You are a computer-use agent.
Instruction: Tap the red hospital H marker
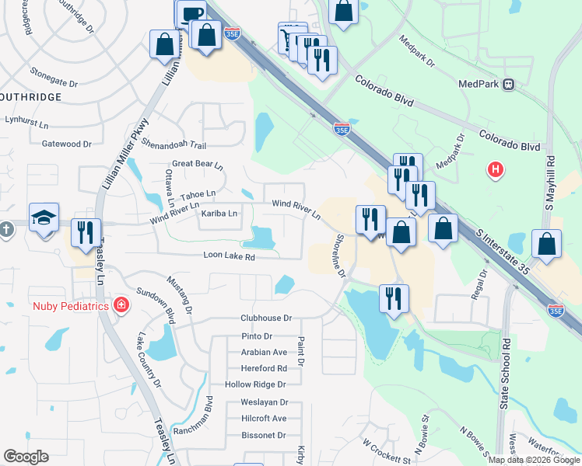(x=494, y=169)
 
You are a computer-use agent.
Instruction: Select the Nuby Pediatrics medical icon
(x=121, y=304)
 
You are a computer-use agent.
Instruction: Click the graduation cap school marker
(x=44, y=219)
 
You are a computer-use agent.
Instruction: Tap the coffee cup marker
(x=191, y=13)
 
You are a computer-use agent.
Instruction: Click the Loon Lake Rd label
(x=229, y=256)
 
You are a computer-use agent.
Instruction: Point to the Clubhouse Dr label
(x=265, y=318)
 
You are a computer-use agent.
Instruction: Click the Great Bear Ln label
(x=198, y=165)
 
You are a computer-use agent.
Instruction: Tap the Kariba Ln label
(x=219, y=212)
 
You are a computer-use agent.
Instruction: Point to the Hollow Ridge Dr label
(x=255, y=384)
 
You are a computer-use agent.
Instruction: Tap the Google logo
(x=26, y=457)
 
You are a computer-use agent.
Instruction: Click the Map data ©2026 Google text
(x=533, y=460)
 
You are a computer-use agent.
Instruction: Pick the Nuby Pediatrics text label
(x=70, y=305)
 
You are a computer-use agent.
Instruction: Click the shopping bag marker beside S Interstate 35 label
(x=546, y=245)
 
